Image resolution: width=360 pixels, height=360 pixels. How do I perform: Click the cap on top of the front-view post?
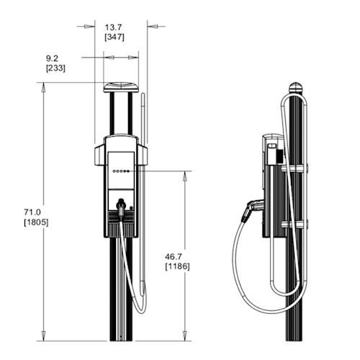click(x=120, y=87)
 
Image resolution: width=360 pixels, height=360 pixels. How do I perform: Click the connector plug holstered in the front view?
click(x=122, y=210)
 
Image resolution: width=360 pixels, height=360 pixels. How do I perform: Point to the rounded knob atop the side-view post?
click(x=296, y=89)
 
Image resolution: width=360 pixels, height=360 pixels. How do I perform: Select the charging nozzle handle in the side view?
click(x=249, y=210)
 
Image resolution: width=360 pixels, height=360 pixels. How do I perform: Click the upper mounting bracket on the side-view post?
click(x=294, y=169)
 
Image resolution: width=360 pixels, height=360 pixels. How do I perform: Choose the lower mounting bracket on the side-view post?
click(x=294, y=225)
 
